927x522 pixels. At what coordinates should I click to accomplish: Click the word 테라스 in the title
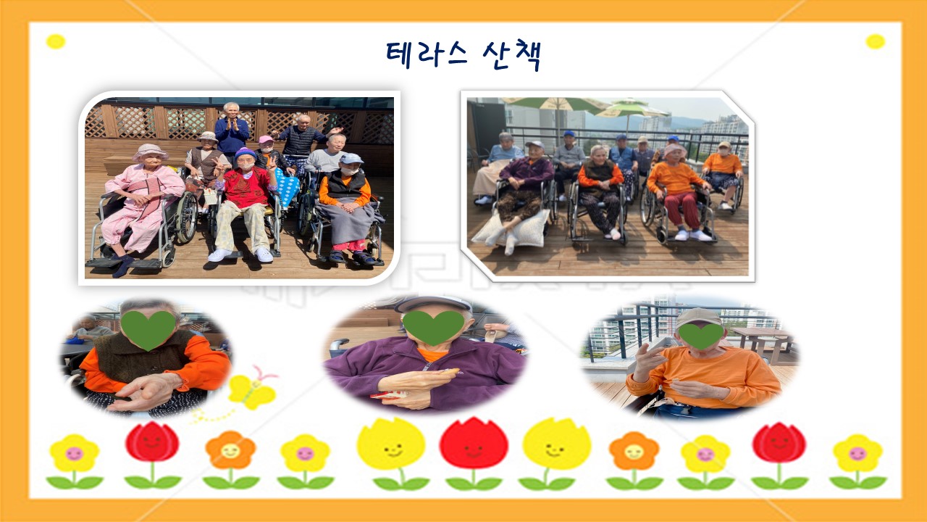coord(427,54)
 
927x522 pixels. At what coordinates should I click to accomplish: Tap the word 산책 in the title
coord(512,57)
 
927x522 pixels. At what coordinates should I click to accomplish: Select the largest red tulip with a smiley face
coord(474,444)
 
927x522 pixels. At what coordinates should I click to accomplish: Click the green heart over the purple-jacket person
coord(433,327)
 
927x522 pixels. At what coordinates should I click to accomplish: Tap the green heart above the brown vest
coord(148,330)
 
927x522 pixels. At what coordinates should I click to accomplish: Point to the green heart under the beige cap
coord(701,336)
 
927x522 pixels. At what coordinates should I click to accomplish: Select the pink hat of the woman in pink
coord(150,152)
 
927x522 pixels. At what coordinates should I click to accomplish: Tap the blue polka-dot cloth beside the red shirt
coord(288,188)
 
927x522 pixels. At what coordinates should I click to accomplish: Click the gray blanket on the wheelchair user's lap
coord(349,222)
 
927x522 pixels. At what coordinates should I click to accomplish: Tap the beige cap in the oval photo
coord(698,318)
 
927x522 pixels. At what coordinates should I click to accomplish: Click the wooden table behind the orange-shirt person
coord(762,340)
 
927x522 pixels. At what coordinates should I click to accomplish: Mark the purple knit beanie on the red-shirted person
coord(246,153)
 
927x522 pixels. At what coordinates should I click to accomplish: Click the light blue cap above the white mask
coord(351,158)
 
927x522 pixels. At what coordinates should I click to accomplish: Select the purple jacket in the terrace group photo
coord(527,172)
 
